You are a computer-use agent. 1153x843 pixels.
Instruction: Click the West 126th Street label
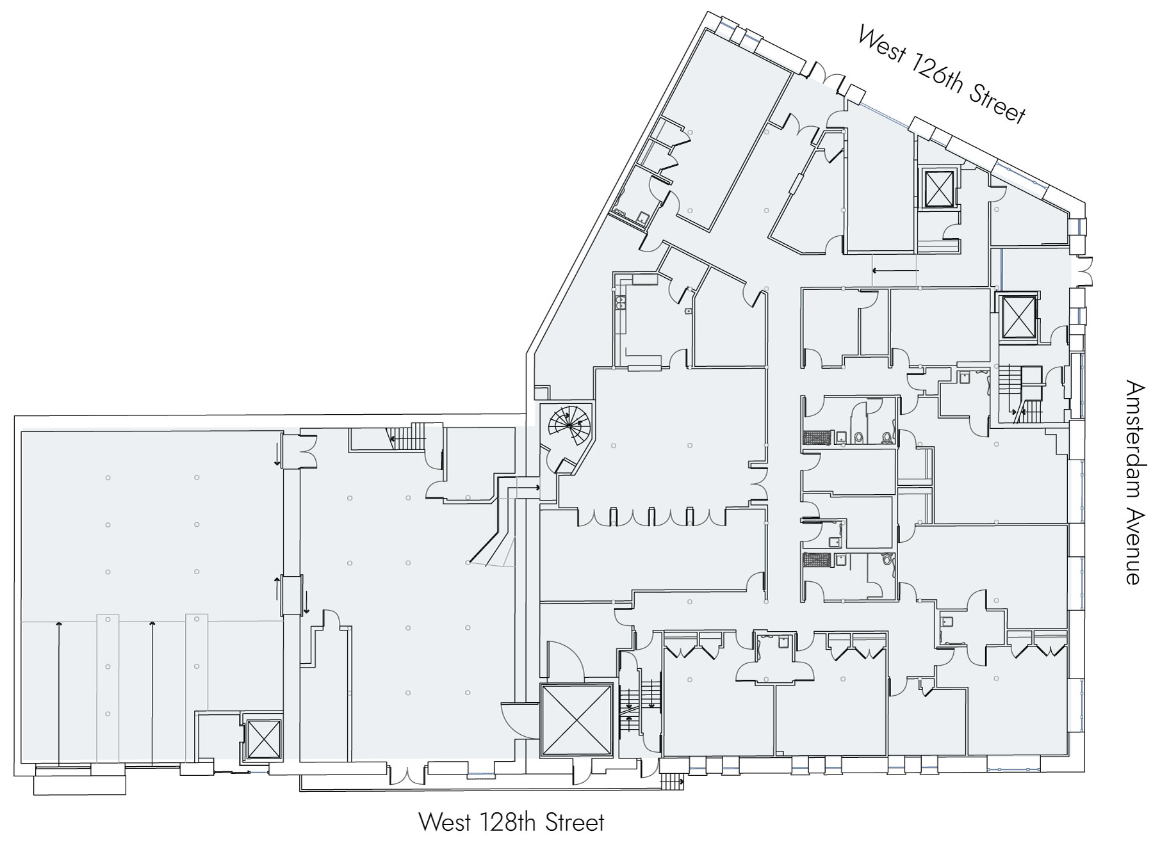click(x=942, y=74)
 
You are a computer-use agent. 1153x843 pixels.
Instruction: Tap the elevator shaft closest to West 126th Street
click(x=937, y=188)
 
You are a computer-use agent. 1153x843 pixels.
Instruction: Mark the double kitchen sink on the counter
click(x=619, y=302)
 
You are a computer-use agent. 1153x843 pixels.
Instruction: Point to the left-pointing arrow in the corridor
click(x=895, y=270)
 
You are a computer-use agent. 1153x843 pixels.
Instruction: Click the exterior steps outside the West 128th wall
click(x=672, y=781)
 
